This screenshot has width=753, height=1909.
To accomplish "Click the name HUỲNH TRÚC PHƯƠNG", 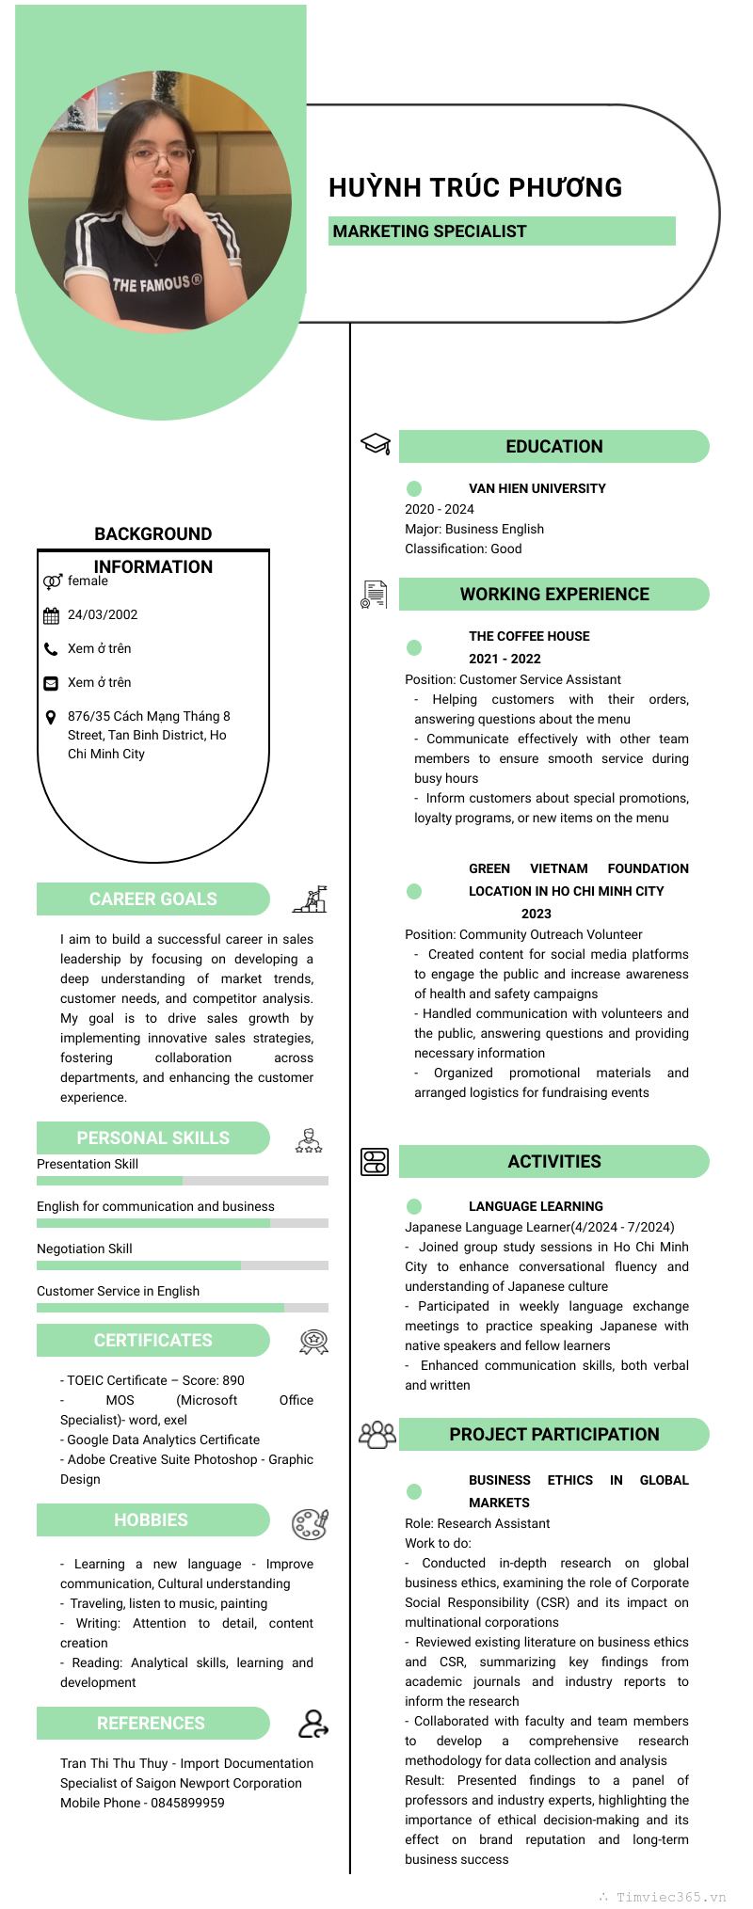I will click(475, 187).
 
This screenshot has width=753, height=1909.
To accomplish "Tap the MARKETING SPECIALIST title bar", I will click(502, 231).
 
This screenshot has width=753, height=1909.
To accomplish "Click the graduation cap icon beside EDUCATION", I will click(376, 443).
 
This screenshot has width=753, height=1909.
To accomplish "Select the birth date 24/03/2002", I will click(103, 614).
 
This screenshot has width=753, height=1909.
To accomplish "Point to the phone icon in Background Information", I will click(51, 648).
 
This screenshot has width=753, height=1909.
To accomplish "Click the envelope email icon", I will click(51, 682).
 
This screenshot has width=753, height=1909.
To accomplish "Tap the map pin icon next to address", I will click(51, 717).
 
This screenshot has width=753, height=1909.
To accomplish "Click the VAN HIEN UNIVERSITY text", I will click(537, 488).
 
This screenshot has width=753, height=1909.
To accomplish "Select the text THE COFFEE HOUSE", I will click(529, 636).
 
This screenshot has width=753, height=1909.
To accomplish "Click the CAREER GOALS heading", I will click(153, 899).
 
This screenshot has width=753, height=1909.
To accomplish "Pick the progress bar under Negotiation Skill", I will click(182, 1265).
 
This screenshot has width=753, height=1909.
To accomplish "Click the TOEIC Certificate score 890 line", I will click(152, 1380).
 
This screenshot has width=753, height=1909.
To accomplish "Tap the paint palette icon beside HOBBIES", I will click(309, 1523).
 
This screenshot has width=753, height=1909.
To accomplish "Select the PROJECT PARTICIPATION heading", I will click(554, 1434).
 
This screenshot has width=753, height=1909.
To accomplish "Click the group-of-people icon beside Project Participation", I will click(377, 1434).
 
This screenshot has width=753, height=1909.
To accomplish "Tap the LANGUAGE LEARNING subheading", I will click(536, 1206).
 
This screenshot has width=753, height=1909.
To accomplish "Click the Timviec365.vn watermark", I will click(670, 1897).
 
